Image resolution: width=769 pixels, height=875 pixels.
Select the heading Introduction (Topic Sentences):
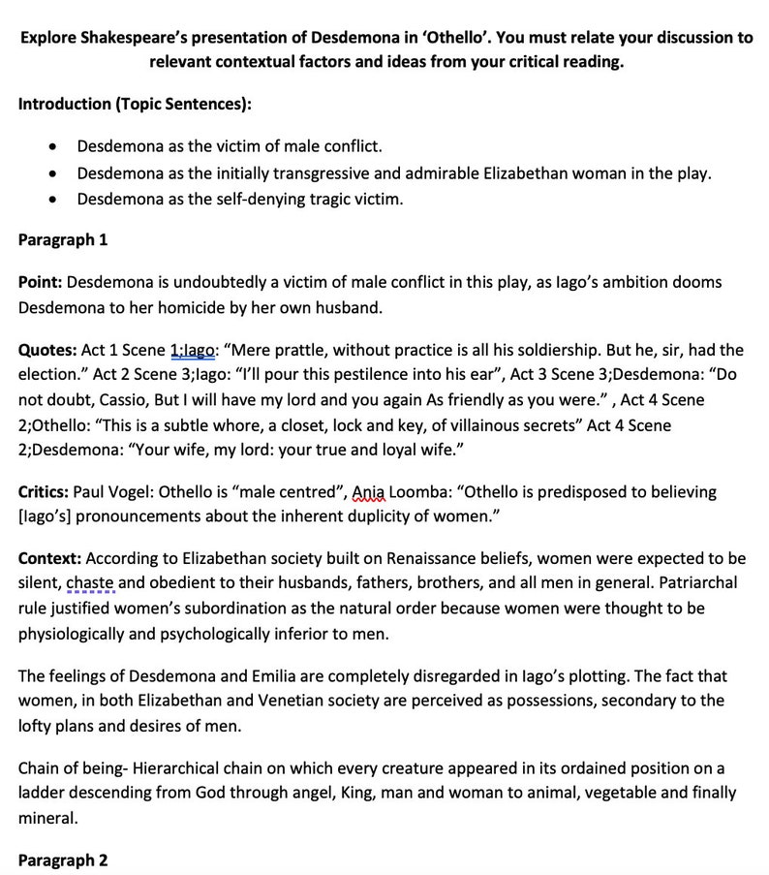click(x=136, y=104)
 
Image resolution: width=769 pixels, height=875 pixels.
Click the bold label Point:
click(x=40, y=282)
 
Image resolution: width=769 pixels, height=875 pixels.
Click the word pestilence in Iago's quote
click(x=357, y=375)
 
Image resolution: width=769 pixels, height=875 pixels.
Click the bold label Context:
click(x=49, y=559)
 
